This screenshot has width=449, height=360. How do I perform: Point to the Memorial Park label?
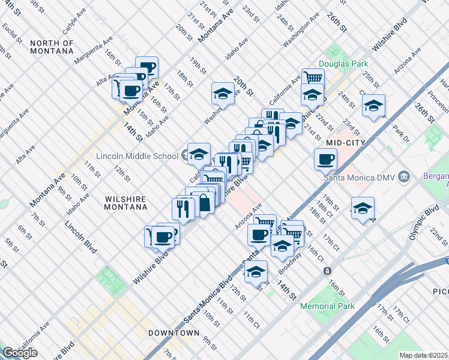(x=327, y=306)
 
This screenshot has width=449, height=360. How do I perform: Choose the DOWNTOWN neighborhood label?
(x=174, y=332)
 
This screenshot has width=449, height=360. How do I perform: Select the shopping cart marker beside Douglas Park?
(x=313, y=79)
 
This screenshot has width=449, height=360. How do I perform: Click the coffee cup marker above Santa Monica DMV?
(x=326, y=160)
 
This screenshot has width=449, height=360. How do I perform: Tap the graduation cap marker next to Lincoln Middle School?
(x=199, y=155)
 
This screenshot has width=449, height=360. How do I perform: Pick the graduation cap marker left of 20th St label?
(x=223, y=94)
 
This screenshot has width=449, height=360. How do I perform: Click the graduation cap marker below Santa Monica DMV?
(x=363, y=209)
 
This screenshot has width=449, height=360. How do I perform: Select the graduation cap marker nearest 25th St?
(x=374, y=106)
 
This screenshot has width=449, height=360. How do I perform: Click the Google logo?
(x=20, y=353)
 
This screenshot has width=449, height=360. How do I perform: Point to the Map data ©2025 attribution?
(x=424, y=355)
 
